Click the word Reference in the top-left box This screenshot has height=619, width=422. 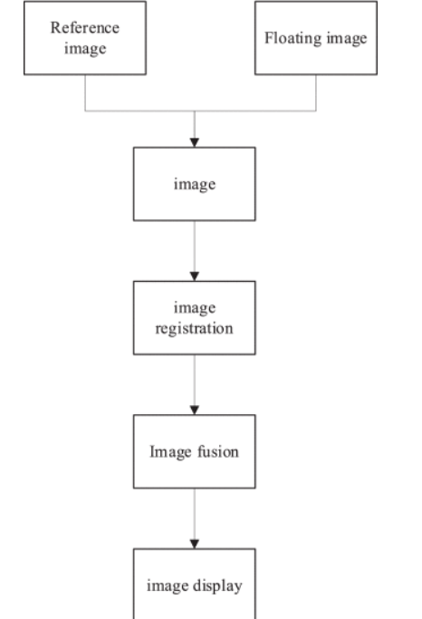click(x=85, y=27)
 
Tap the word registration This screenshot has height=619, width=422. click(x=194, y=329)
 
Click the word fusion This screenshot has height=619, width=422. click(x=218, y=451)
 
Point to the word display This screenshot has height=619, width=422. click(x=217, y=585)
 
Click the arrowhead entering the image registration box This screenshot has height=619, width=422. click(x=195, y=276)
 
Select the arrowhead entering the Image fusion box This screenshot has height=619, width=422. click(x=195, y=410)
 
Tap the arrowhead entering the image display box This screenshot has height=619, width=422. click(x=195, y=544)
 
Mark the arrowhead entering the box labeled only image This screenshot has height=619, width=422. click(x=195, y=142)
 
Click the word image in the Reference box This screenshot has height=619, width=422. click(x=85, y=49)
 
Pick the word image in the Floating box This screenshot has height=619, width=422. click(x=347, y=39)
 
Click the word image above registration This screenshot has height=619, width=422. click(x=195, y=308)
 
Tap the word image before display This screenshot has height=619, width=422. click(x=168, y=585)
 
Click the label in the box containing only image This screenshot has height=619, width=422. click(x=195, y=184)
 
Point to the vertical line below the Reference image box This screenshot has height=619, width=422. click(x=85, y=92)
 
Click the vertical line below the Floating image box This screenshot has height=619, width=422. click(x=316, y=92)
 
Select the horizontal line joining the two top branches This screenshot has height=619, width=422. click(x=200, y=111)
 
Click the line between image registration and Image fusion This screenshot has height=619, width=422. click(x=195, y=380)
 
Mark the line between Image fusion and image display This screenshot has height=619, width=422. click(x=195, y=514)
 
